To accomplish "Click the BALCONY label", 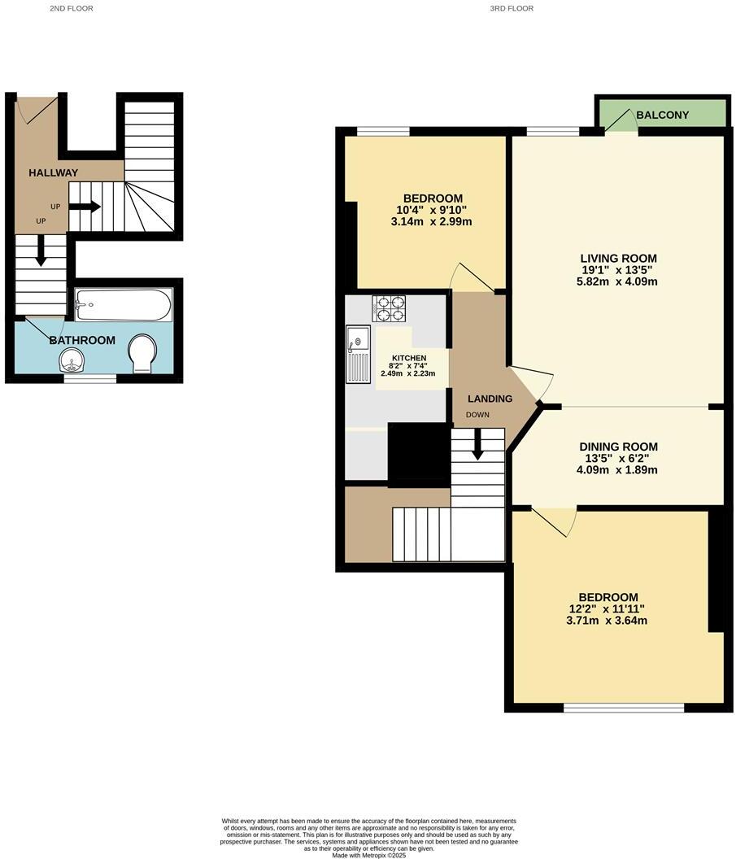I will (662, 116).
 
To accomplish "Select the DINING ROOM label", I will (618, 447).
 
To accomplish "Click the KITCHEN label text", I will (409, 358).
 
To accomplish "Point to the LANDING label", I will (490, 399).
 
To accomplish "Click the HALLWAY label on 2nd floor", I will (54, 172).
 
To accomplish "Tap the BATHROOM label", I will (82, 340).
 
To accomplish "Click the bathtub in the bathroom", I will (124, 306).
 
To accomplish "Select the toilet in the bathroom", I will (142, 352).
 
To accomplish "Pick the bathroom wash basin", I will (72, 359).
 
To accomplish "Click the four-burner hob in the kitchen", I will (389, 308).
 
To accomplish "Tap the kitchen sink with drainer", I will (359, 354).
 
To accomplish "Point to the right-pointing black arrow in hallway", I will (85, 207).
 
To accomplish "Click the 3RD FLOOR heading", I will (512, 8).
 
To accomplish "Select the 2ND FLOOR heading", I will (72, 8).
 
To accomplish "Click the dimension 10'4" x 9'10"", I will (433, 210).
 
